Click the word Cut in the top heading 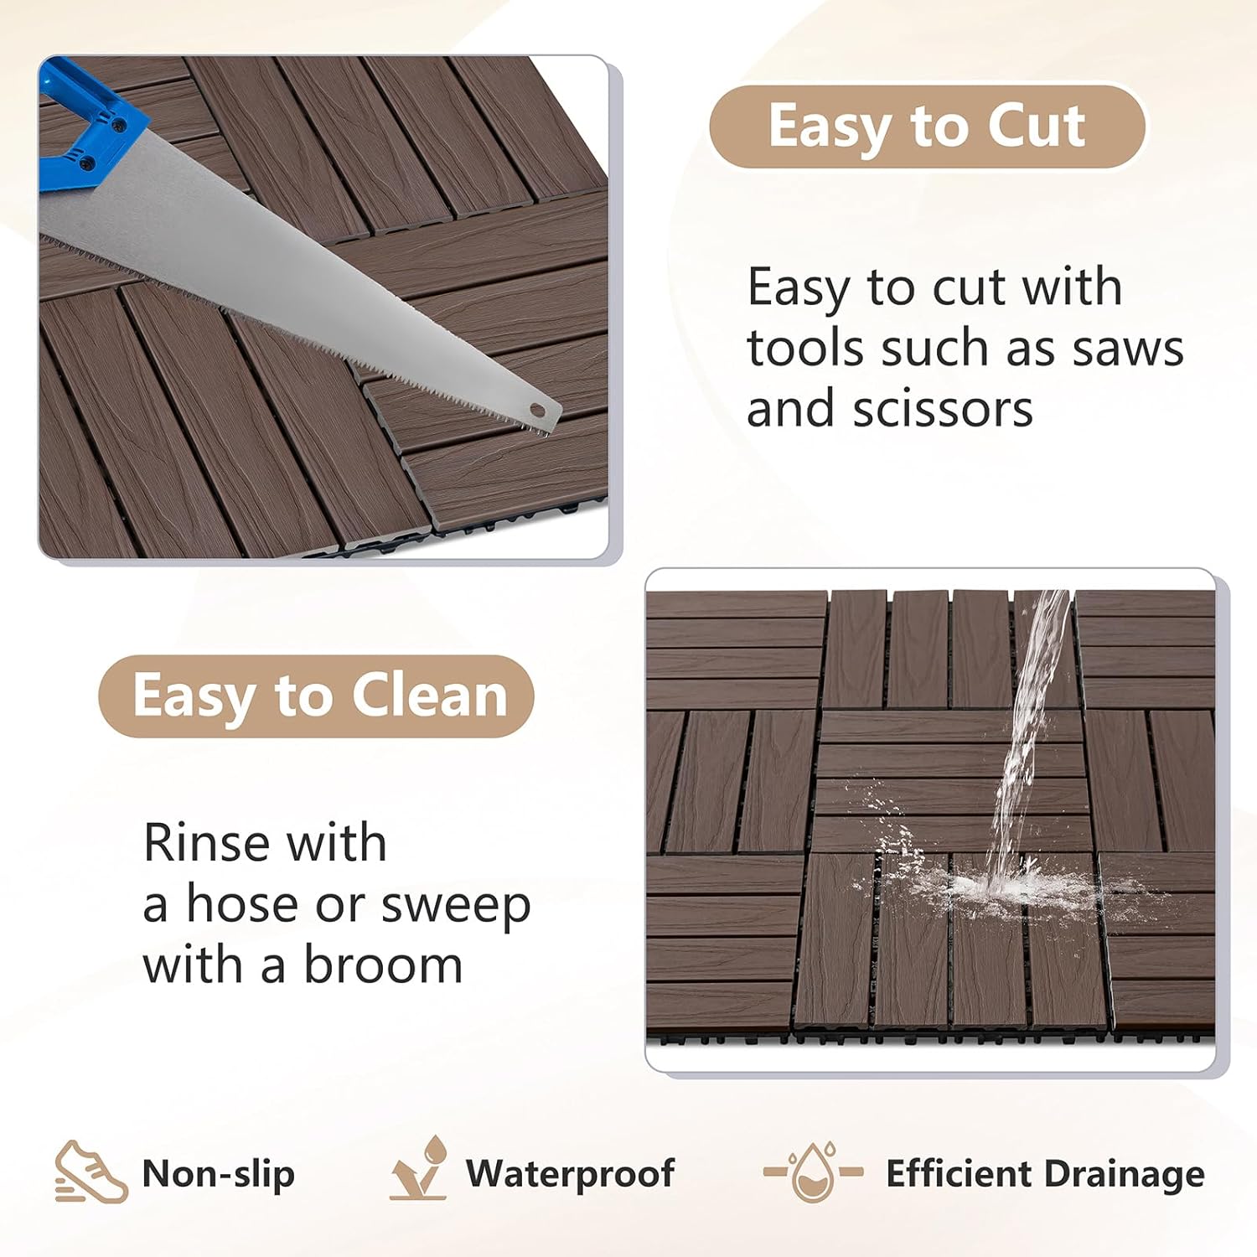1037,126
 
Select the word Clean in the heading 429,696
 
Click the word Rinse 204,842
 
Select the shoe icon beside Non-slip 91,1172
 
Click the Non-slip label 219,1173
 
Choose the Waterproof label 570,1173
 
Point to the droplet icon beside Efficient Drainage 814,1171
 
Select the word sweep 456,905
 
